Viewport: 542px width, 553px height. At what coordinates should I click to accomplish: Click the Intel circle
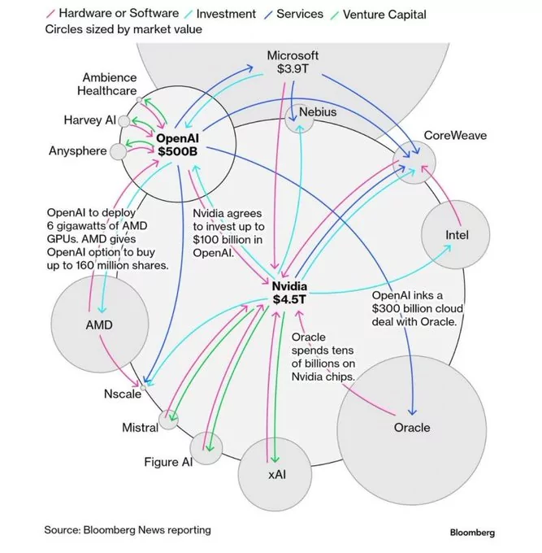(457, 236)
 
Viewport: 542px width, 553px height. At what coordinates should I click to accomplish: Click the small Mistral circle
(169, 420)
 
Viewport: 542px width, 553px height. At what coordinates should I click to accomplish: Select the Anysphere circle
(119, 151)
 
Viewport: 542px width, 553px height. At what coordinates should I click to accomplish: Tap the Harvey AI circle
(124, 121)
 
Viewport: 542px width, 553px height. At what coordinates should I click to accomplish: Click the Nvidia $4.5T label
(288, 293)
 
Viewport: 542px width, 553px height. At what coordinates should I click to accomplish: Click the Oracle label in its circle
(411, 427)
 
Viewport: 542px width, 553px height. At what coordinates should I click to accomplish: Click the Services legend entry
(298, 14)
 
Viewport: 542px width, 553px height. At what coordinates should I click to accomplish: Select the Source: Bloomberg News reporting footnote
(128, 530)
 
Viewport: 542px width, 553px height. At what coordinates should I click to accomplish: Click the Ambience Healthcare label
(107, 84)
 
